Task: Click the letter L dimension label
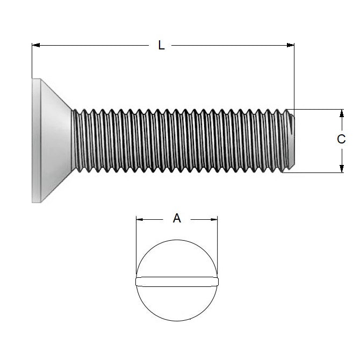[161, 46]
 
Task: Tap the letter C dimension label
[341, 140]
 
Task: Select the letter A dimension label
[177, 218]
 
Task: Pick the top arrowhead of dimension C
[341, 112]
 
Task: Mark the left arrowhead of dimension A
[139, 219]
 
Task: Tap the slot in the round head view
[177, 280]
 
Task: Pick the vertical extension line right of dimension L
[294, 75]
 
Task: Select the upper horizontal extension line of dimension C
[317, 109]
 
